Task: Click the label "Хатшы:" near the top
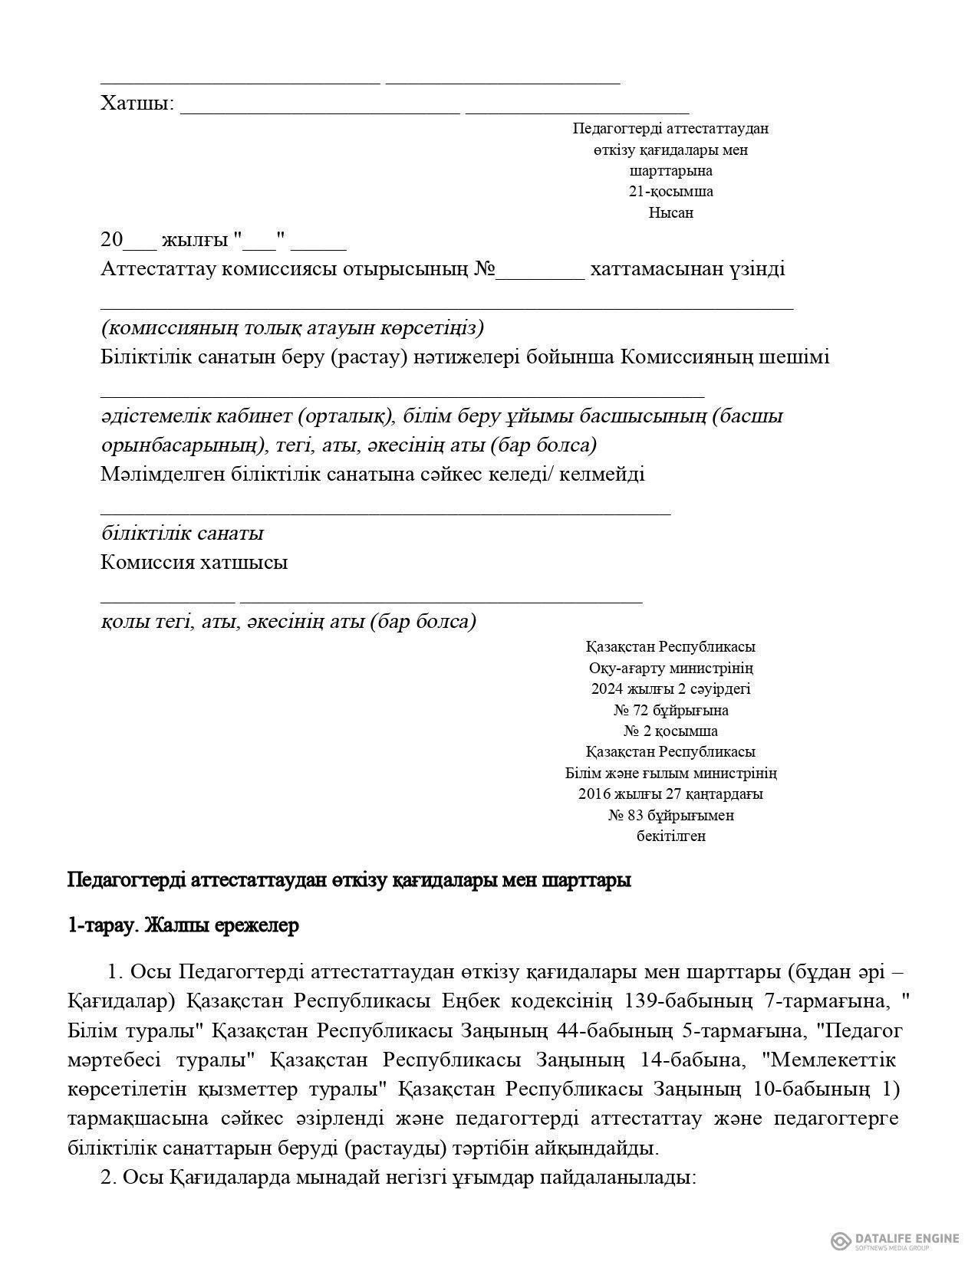[137, 103]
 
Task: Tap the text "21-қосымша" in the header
[670, 192]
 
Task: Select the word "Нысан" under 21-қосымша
[670, 213]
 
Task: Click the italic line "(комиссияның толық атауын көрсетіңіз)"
[292, 329]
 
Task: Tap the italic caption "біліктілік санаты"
[183, 534]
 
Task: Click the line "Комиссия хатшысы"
[194, 563]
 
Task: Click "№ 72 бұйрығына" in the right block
[670, 710]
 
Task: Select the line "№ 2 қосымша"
[670, 731]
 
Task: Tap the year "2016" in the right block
[594, 794]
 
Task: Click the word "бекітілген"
[670, 836]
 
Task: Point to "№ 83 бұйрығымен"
[670, 816]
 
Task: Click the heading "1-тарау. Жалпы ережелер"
[183, 925]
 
